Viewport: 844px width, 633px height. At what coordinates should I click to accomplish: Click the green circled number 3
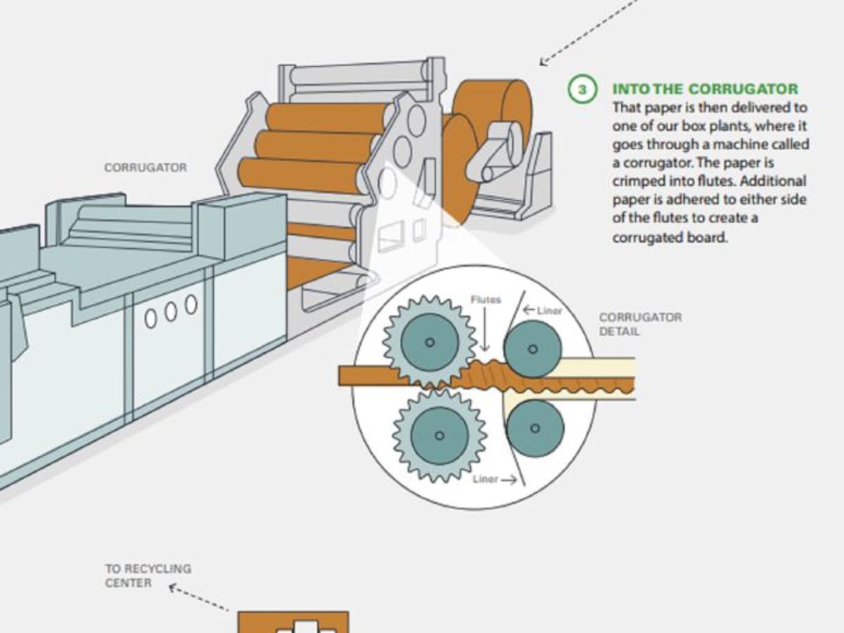coord(582,90)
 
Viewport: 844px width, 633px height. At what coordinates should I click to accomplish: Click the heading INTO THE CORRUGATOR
coord(705,89)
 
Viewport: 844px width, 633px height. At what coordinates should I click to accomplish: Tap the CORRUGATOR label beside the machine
coord(146,168)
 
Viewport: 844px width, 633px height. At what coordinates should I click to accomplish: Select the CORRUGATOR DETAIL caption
coord(640,324)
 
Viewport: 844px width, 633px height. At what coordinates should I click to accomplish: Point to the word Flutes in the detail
coord(485,300)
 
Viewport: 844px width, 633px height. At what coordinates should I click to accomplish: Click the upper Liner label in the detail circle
coord(546,310)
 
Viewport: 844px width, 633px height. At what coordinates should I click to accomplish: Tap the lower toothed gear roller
coord(439,435)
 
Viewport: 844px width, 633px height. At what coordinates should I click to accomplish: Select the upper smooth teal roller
coord(532,349)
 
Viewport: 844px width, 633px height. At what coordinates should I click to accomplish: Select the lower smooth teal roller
coord(535,428)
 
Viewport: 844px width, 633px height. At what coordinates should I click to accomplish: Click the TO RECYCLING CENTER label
coord(148,575)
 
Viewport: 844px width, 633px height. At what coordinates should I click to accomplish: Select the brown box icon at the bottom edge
coord(293,622)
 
